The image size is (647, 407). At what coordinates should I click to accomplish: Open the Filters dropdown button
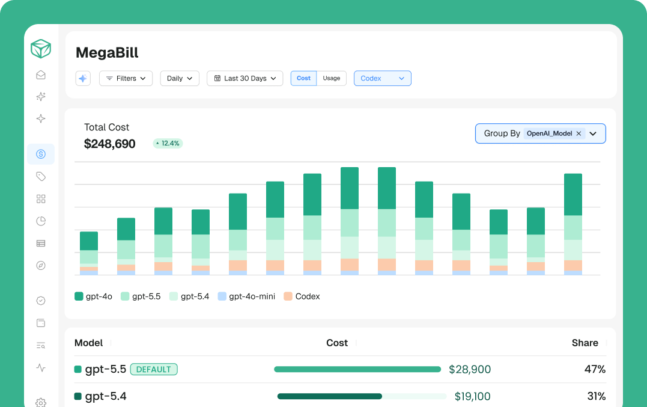(x=126, y=78)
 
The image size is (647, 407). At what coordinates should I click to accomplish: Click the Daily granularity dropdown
(x=180, y=78)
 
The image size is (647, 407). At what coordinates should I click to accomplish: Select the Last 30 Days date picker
(x=245, y=78)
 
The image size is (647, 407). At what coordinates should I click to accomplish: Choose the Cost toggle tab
(x=304, y=78)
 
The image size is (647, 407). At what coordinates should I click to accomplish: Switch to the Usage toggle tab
(x=332, y=78)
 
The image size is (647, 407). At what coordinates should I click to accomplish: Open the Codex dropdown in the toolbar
(x=383, y=78)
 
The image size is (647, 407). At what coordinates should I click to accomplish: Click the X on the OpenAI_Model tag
(x=579, y=133)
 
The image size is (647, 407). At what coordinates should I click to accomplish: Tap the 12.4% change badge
(x=168, y=143)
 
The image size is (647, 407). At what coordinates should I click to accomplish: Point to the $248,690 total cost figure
(x=110, y=144)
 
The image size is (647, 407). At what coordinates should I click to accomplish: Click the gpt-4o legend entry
(x=94, y=296)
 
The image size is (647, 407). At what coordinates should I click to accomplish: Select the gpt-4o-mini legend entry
(x=247, y=296)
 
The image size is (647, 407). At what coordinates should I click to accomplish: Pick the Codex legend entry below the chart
(x=302, y=296)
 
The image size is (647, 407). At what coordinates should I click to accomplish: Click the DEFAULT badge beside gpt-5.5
(x=154, y=370)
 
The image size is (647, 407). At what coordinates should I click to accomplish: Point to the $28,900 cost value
(x=470, y=370)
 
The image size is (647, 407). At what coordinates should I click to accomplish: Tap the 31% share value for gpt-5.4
(x=597, y=396)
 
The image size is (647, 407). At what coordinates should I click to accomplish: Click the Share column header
(x=585, y=343)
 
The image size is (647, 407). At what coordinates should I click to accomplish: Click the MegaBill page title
(x=108, y=53)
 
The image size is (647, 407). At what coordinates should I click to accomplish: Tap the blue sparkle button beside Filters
(x=83, y=78)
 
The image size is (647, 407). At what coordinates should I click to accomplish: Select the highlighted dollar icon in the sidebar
(x=41, y=154)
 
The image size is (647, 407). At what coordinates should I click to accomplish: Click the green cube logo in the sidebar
(x=41, y=49)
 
